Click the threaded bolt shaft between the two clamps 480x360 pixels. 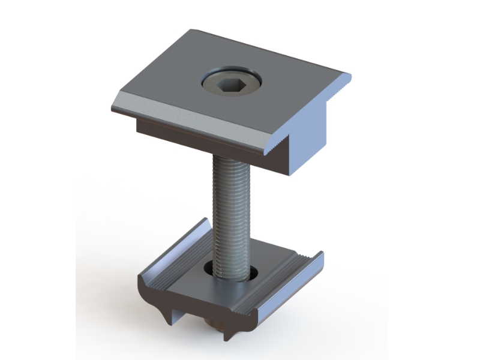point(231,204)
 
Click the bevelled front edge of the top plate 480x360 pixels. point(192,123)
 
